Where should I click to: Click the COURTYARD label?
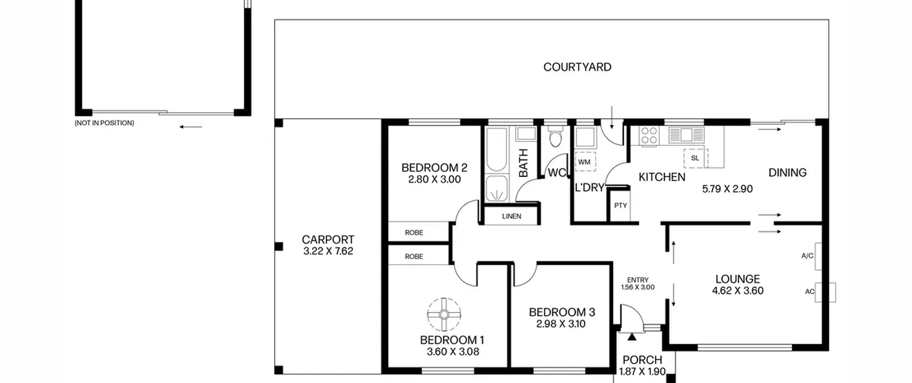click(577, 67)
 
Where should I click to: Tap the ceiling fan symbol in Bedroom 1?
click(444, 315)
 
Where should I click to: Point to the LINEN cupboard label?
click(512, 216)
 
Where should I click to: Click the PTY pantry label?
click(621, 206)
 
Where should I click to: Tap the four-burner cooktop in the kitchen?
click(649, 135)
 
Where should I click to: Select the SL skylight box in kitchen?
click(695, 158)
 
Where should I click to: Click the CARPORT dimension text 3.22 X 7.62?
click(328, 251)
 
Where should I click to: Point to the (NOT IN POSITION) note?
click(104, 123)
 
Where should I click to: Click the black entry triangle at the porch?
click(632, 336)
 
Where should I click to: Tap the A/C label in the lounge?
click(807, 256)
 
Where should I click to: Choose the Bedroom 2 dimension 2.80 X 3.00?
click(434, 179)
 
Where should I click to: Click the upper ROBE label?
click(414, 233)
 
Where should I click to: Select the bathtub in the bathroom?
click(496, 150)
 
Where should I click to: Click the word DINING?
click(787, 173)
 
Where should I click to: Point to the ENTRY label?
click(638, 280)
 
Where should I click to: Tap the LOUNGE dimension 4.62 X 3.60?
click(738, 291)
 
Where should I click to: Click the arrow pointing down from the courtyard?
click(612, 117)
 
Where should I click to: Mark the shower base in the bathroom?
click(497, 188)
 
